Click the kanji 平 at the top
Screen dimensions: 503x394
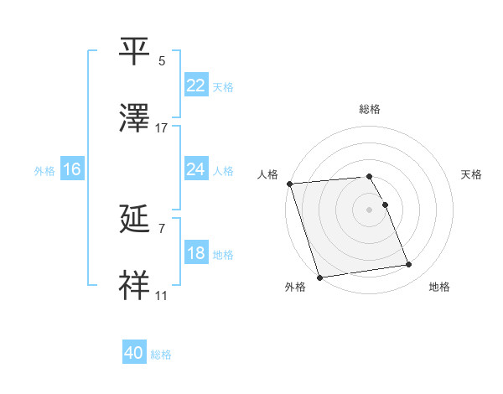tap(135, 52)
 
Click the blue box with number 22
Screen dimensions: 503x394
tap(195, 86)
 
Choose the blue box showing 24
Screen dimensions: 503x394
tap(195, 169)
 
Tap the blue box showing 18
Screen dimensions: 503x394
tap(195, 253)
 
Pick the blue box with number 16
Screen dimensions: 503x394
tap(71, 169)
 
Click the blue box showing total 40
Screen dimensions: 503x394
tap(134, 353)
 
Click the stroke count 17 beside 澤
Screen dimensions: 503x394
tap(162, 128)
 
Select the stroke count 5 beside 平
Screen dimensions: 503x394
tap(162, 61)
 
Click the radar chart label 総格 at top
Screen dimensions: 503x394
tap(370, 109)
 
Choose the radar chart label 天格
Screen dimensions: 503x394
tap(472, 174)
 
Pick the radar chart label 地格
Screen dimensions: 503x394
tap(439, 287)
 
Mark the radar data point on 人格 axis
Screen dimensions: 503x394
tap(289, 184)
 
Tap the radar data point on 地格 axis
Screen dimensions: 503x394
tap(409, 265)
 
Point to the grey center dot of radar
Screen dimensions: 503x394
tap(370, 210)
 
